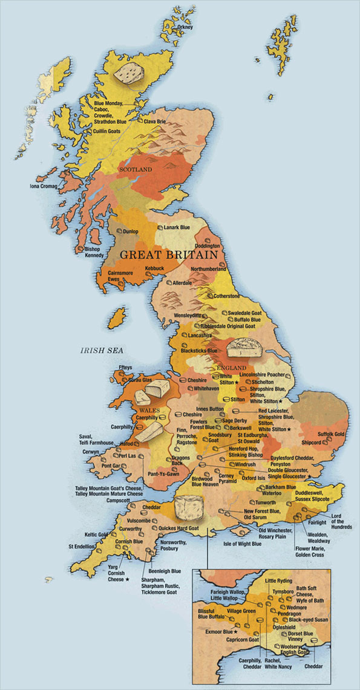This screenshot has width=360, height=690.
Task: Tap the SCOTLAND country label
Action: pyautogui.click(x=136, y=170)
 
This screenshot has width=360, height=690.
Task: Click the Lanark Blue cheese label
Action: pyautogui.click(x=177, y=227)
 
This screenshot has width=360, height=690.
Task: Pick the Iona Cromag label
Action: pyautogui.click(x=43, y=186)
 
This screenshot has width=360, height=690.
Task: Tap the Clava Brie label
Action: pyautogui.click(x=154, y=122)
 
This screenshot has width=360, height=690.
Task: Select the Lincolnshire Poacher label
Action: pyautogui.click(x=261, y=375)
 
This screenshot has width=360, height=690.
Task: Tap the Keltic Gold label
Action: pyautogui.click(x=96, y=535)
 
